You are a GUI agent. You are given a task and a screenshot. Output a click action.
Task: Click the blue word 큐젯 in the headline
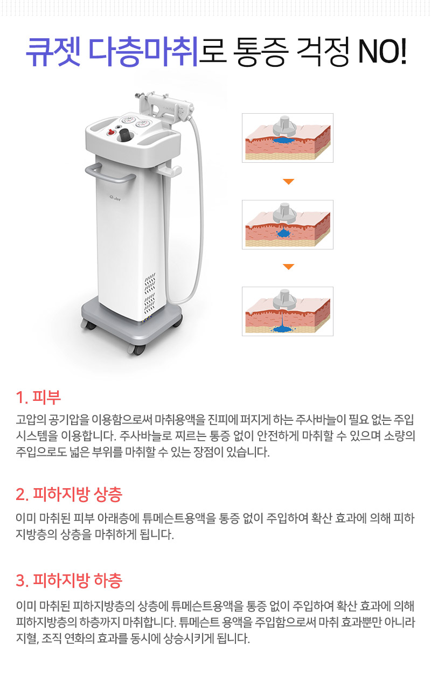click(52, 53)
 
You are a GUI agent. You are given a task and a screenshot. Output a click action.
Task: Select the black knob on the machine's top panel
click(125, 135)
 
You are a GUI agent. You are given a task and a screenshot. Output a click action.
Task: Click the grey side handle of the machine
click(110, 174)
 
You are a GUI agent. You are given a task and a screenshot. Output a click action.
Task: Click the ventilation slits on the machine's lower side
click(150, 294)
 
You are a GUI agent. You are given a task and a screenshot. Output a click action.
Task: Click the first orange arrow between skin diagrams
click(289, 182)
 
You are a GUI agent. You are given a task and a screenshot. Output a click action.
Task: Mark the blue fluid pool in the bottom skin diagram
click(282, 327)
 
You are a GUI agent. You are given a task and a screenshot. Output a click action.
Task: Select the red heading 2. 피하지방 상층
click(69, 494)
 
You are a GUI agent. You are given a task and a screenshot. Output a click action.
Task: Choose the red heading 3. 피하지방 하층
click(69, 581)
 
